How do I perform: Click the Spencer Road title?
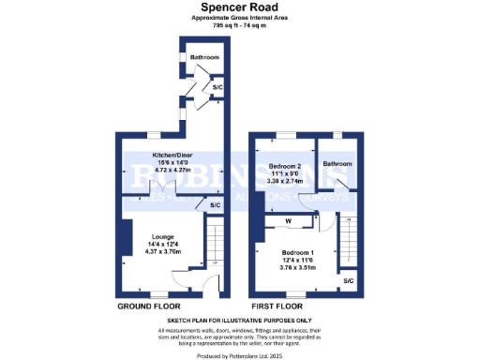pyautogui.click(x=240, y=7)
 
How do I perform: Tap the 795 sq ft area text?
pyautogui.click(x=240, y=25)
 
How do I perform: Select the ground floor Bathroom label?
pyautogui.click(x=204, y=58)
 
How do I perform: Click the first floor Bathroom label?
pyautogui.click(x=337, y=163)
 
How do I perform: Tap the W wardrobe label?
pyautogui.click(x=289, y=221)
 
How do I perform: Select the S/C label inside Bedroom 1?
pyautogui.click(x=348, y=281)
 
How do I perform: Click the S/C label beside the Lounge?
pyautogui.click(x=214, y=205)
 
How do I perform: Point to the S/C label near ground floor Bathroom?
pyautogui.click(x=217, y=88)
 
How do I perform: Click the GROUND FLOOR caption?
pyautogui.click(x=150, y=307)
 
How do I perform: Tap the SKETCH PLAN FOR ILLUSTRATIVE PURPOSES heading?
pyautogui.click(x=240, y=321)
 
